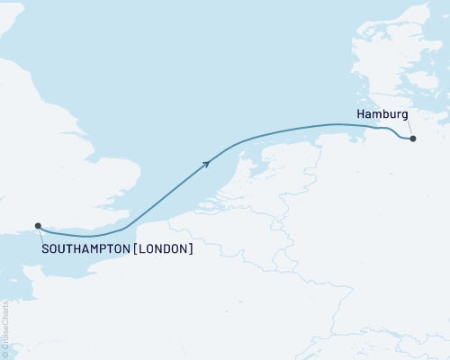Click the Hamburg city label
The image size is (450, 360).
coord(382,114)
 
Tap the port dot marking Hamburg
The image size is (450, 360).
coord(412,139)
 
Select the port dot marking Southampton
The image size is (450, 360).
coord(38,226)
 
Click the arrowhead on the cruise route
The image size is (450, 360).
coord(207,162)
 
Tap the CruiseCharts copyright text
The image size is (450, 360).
coord(5,328)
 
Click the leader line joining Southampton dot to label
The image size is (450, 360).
coord(40,234)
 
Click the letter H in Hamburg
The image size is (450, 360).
coord(361,114)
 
